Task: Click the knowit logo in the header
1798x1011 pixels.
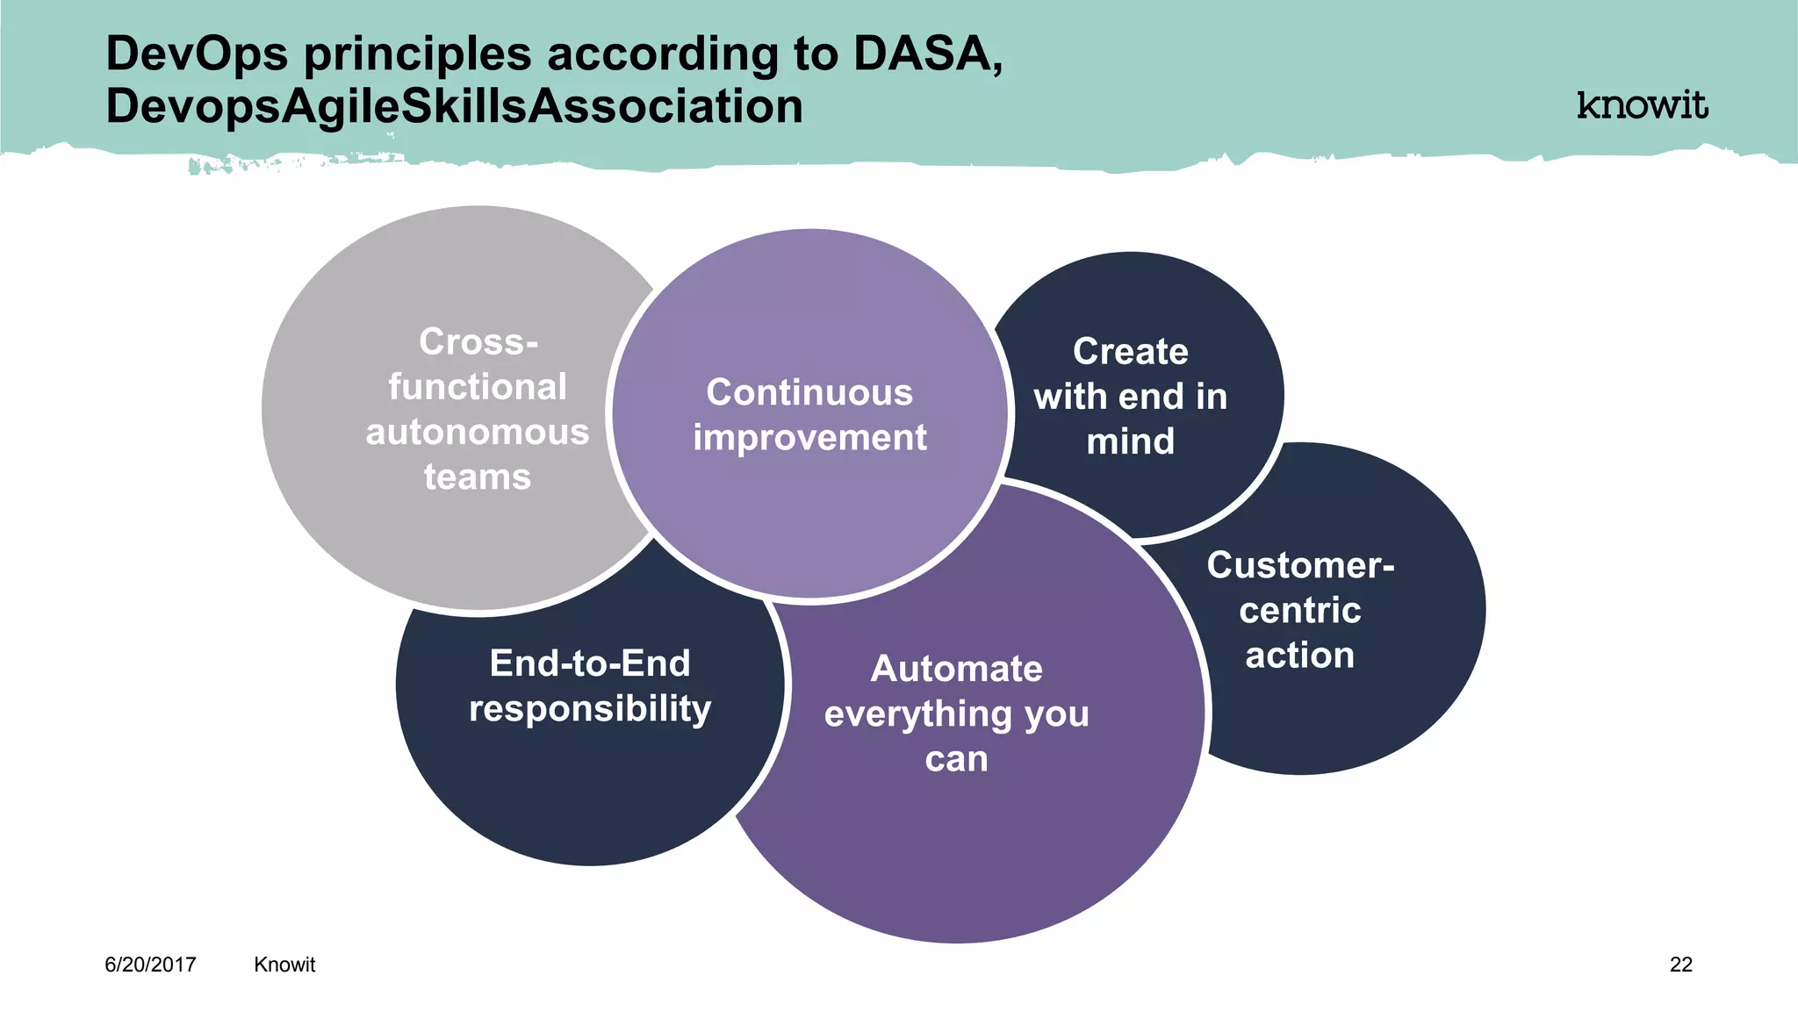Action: pos(1642,105)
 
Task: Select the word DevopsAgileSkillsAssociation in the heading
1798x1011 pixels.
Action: pos(454,107)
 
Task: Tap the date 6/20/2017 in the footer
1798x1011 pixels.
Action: pos(150,964)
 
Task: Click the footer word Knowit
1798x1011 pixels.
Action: pos(284,964)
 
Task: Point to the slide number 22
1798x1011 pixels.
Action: pos(1680,964)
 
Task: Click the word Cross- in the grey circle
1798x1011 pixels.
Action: pos(478,341)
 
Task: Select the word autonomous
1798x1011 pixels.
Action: pos(478,433)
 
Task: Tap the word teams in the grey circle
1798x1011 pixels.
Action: pos(478,477)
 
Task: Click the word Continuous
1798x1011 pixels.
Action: pos(809,392)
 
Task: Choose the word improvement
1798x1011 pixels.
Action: pos(809,438)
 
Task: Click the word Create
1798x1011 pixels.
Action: pos(1130,351)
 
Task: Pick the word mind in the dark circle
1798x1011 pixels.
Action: pos(1130,441)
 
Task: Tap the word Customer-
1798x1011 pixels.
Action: pos(1300,565)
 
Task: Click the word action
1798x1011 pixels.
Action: pos(1300,656)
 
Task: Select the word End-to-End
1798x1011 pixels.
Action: pos(590,663)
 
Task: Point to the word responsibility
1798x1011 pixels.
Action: pos(590,709)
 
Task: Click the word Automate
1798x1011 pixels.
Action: pos(956,669)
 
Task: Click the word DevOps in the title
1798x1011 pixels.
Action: pos(197,54)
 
